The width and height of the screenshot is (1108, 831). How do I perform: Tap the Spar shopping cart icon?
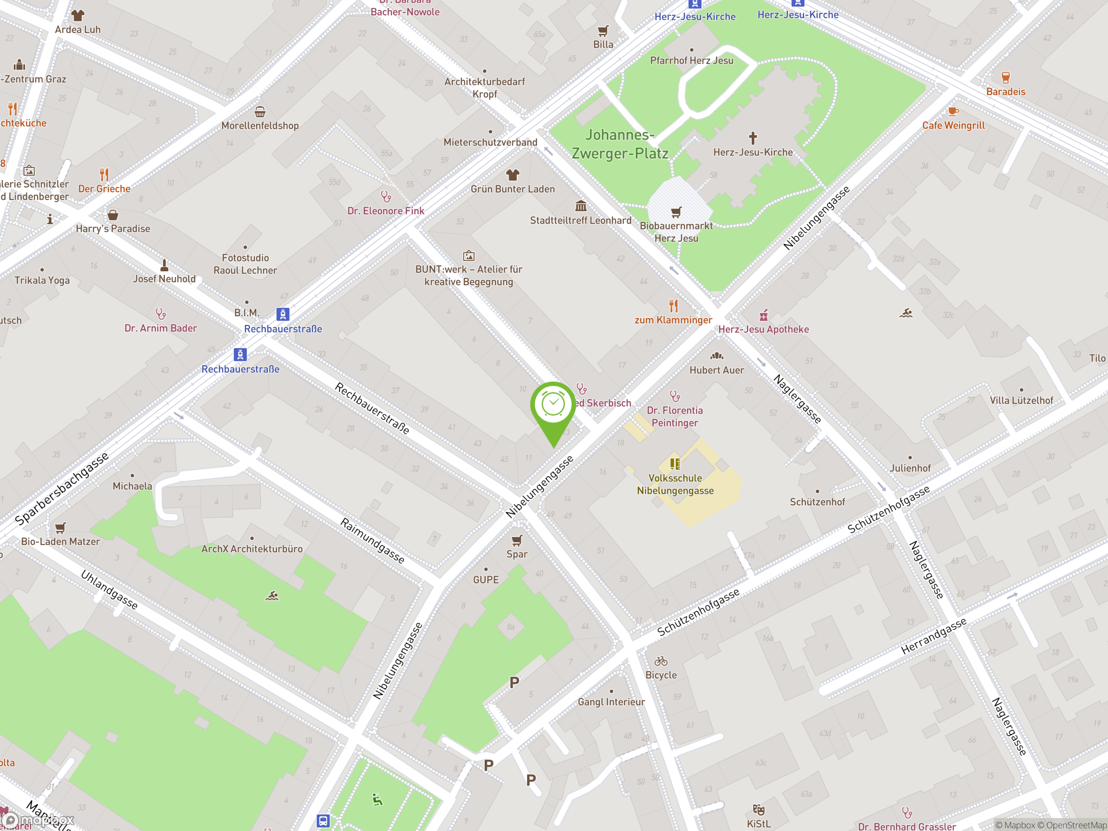click(517, 541)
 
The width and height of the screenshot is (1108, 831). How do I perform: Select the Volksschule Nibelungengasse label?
click(675, 484)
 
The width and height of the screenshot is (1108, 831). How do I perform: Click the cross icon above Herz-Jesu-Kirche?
click(752, 138)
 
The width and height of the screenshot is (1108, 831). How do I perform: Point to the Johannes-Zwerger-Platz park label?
click(620, 144)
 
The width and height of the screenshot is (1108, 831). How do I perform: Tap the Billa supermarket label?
click(603, 45)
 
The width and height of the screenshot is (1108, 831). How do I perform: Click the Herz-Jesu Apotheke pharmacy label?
click(763, 329)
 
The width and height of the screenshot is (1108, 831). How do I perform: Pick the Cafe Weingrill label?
click(953, 126)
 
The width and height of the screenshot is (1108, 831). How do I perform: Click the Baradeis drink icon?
click(1005, 77)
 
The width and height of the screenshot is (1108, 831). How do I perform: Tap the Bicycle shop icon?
click(661, 661)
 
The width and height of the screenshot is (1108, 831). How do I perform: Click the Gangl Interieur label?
click(611, 702)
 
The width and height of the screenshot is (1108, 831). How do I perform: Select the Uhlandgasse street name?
click(109, 589)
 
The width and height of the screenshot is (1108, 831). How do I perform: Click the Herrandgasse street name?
click(933, 636)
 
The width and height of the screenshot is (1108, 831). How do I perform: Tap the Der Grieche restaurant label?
click(104, 189)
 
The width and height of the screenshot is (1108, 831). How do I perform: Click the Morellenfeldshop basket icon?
click(260, 111)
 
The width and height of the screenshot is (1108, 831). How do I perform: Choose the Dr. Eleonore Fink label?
click(386, 211)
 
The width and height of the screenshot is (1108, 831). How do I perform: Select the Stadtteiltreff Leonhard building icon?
click(580, 206)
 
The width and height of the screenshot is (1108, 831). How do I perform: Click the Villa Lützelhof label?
click(1021, 400)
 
